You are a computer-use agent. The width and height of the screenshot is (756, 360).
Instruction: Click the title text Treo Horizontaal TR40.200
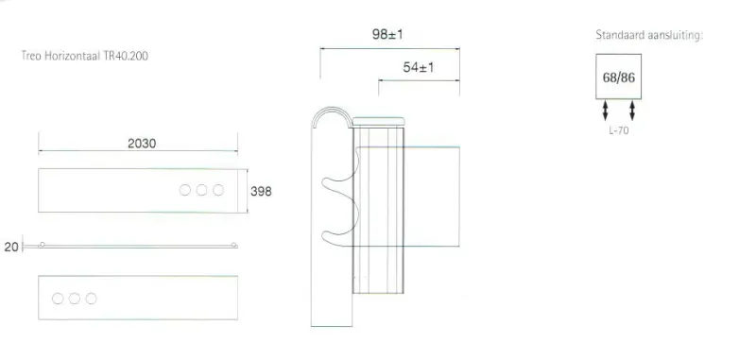84,56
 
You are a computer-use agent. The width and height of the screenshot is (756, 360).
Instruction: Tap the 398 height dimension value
261,191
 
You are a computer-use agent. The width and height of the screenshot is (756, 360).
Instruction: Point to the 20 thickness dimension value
10,247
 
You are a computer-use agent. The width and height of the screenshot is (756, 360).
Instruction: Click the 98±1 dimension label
388,35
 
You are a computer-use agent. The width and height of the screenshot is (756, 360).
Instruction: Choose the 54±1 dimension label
418,67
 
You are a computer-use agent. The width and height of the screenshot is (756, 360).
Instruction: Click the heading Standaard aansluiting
649,35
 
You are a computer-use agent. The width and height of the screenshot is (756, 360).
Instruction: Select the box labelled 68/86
619,77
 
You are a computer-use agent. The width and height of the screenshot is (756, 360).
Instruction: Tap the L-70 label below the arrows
619,130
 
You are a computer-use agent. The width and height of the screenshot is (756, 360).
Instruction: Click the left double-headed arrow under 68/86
606,111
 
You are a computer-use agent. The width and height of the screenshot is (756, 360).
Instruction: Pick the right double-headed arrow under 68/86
632,111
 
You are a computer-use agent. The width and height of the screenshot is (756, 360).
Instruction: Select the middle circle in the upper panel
201,190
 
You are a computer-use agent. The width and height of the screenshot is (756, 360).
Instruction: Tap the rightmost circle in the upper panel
218,190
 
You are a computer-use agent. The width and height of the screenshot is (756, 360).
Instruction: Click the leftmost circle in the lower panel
58,299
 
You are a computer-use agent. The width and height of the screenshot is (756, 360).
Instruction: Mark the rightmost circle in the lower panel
91,299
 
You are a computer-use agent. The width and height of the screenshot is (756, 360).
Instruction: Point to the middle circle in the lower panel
74,299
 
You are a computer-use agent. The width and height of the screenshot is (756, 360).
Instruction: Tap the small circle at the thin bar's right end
234,246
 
